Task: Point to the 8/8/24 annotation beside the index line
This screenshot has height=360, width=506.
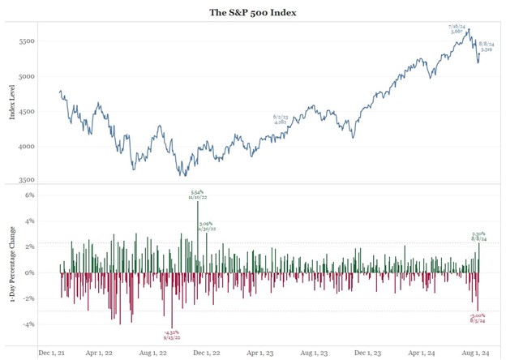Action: (488, 46)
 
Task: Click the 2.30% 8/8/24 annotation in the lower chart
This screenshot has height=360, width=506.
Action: (479, 237)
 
